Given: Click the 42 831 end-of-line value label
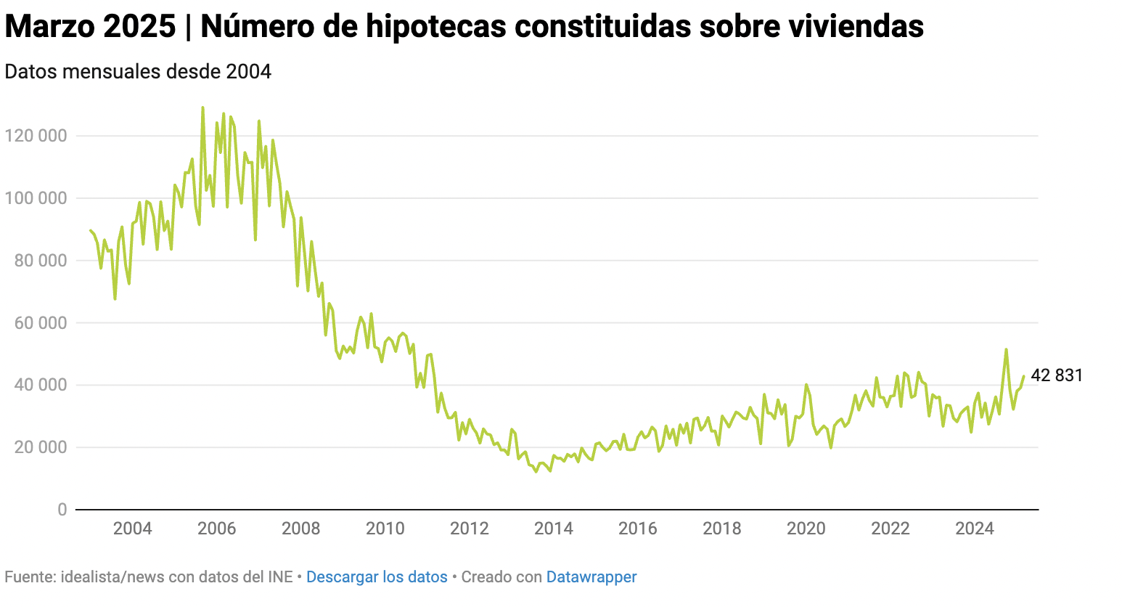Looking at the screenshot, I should click(1057, 375).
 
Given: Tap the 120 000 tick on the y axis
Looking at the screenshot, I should click(36, 136).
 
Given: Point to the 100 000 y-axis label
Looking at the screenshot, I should click(36, 198).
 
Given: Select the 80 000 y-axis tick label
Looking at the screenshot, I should click(40, 261).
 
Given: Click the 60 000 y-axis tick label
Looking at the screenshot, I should click(40, 323).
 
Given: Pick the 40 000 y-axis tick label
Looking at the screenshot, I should click(40, 385).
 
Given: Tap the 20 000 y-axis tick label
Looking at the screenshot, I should click(40, 447).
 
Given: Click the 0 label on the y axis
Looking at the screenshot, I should click(62, 510).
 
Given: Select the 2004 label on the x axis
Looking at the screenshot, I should click(133, 528).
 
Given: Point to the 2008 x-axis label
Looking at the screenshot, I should click(301, 528).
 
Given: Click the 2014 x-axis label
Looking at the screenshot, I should click(554, 528).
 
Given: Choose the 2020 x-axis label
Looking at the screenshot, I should click(806, 528).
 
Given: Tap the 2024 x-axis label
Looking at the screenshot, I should click(975, 528).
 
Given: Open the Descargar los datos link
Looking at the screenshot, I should click(377, 577).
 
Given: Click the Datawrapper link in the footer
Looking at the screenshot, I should click(591, 577).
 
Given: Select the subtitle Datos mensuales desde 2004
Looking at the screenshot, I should click(138, 72).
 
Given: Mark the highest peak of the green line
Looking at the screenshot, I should click(202, 107).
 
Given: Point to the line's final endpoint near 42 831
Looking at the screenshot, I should click(1024, 376).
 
